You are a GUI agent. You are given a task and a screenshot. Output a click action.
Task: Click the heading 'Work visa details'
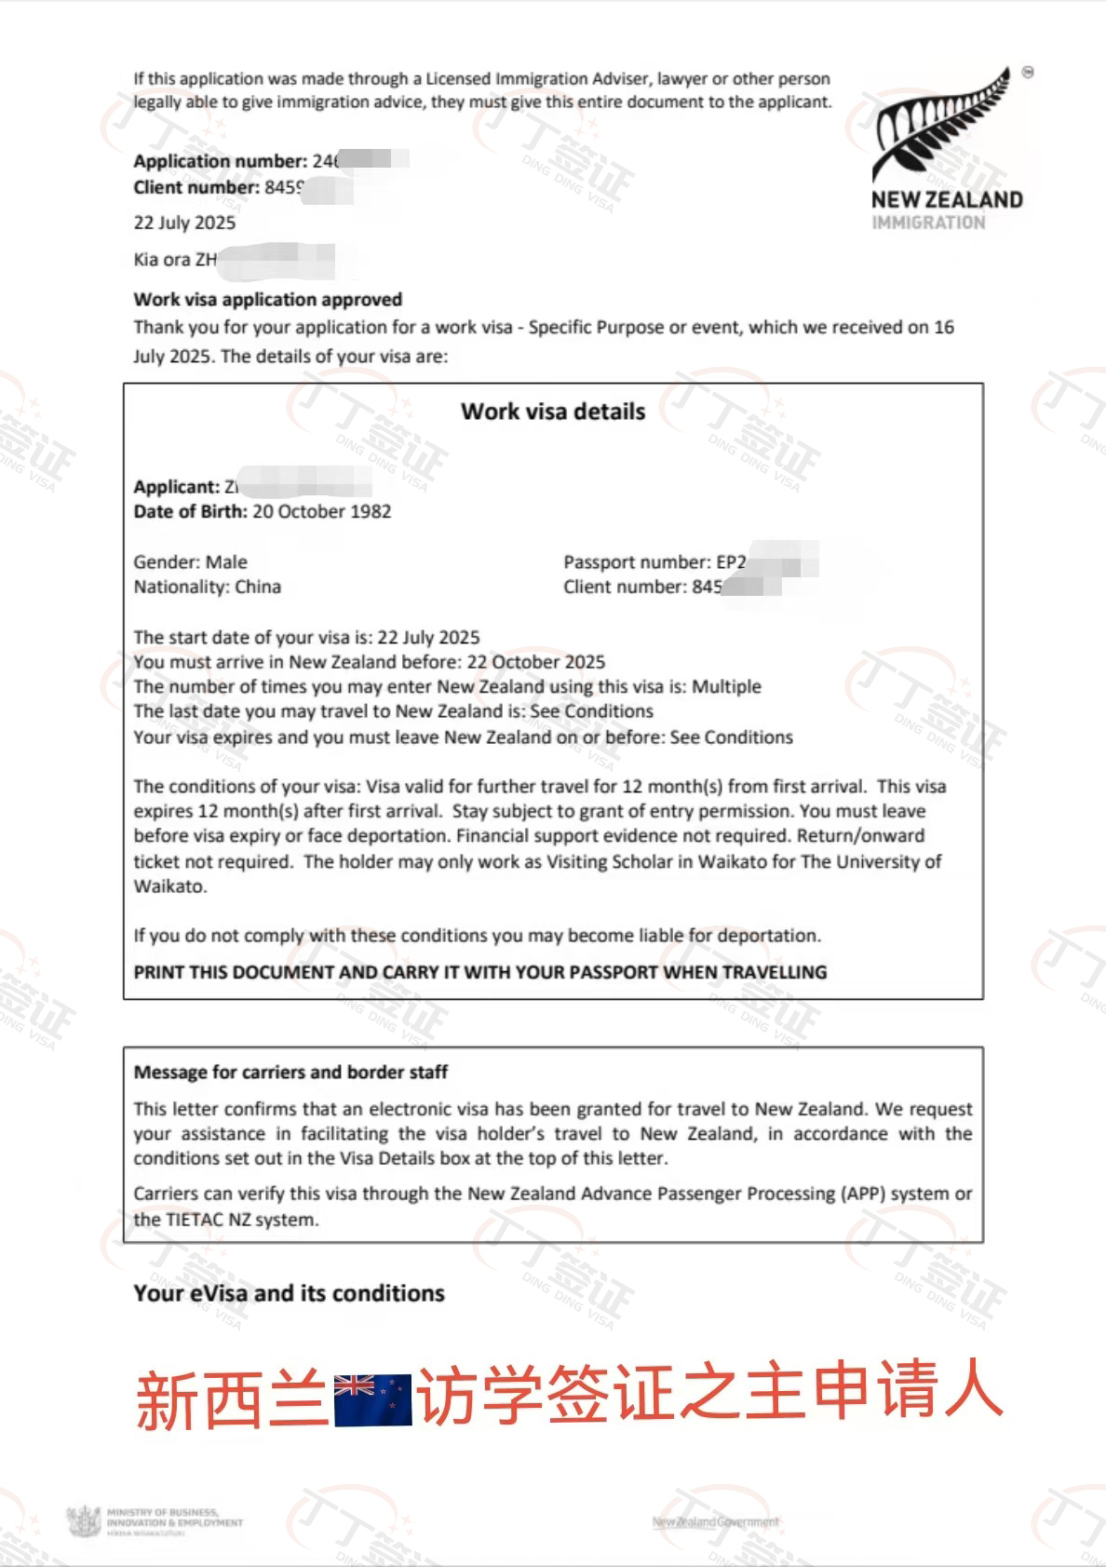553,412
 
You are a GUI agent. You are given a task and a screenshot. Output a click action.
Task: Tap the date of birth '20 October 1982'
322,511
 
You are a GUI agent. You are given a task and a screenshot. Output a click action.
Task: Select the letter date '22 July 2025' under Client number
184,223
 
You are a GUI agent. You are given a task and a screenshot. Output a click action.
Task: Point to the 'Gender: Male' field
190,562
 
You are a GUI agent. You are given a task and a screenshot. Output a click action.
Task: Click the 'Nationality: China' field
207,587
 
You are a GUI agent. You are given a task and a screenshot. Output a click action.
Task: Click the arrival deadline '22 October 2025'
535,662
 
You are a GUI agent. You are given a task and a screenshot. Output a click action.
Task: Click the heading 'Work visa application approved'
268,300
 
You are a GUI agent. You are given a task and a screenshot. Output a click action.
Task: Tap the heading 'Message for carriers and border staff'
290,1072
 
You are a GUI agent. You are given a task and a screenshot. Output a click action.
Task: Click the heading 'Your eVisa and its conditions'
289,1293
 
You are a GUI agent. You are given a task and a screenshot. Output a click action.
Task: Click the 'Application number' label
220,161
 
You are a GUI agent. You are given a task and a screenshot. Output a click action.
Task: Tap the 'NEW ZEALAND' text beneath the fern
946,199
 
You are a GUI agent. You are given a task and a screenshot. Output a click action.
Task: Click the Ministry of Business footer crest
85,1521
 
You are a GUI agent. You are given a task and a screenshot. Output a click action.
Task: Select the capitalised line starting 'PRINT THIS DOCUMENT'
479,972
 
